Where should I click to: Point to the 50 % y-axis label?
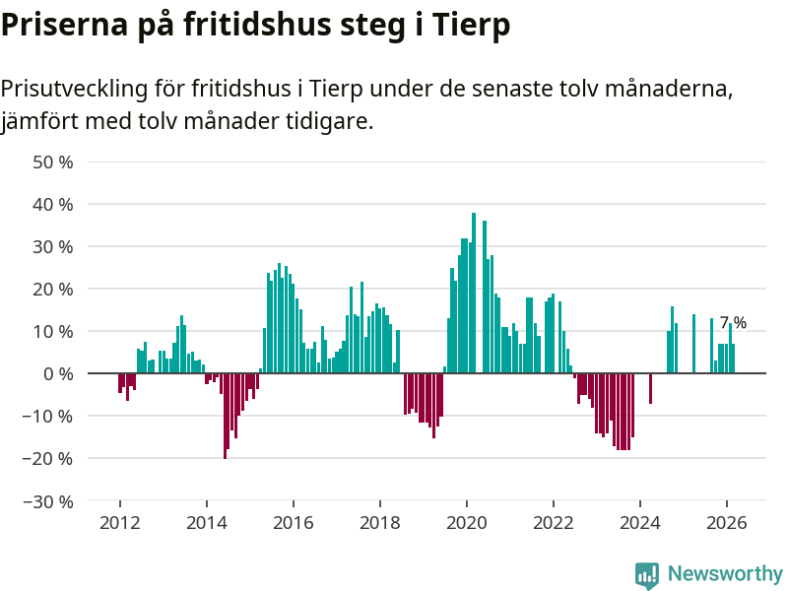tap(53, 162)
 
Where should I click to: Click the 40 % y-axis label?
tap(53, 204)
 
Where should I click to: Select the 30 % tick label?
tap(53, 246)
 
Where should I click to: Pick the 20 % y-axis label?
tap(53, 289)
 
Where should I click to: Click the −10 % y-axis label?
tap(48, 416)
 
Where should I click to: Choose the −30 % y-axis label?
tap(48, 500)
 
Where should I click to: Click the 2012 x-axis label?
tap(119, 522)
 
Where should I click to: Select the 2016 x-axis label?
tap(293, 522)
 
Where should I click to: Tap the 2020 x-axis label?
tap(466, 522)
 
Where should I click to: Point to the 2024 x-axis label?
tap(639, 522)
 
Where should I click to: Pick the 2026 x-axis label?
tap(726, 522)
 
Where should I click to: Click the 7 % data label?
tap(733, 322)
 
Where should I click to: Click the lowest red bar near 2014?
tap(225, 416)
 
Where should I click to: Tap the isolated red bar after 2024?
tap(650, 388)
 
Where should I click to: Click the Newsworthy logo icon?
tap(647, 575)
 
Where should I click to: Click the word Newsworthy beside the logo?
tap(725, 573)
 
